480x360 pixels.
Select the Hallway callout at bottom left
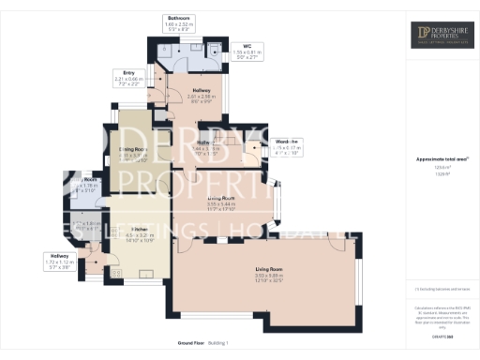58,261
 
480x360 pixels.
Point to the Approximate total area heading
441,158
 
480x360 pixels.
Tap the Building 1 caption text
217,345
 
